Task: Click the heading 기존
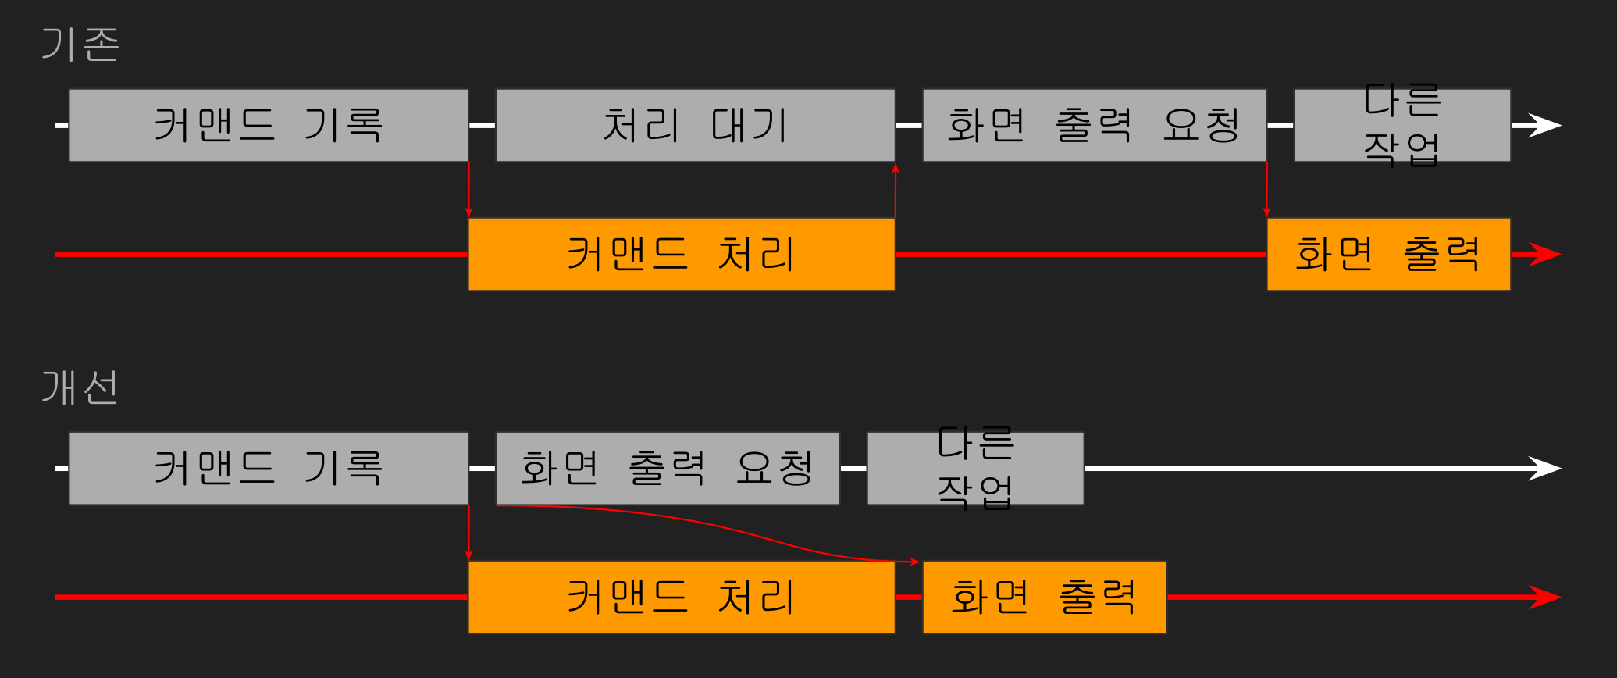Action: [80, 45]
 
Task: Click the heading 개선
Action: [80, 387]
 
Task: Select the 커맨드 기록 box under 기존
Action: [269, 125]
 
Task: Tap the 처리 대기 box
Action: [695, 125]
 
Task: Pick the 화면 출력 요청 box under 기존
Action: [1094, 125]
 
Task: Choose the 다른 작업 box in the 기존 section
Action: [1402, 125]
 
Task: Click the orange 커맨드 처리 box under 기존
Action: [681, 254]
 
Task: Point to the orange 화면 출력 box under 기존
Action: [1388, 254]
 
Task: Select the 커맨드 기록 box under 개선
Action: [269, 468]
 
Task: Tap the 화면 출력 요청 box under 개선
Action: [668, 468]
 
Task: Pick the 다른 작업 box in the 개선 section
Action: [975, 468]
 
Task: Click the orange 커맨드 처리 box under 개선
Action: [681, 597]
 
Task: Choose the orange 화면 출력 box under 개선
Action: [1044, 597]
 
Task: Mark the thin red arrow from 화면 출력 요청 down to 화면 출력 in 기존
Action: [1266, 190]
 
